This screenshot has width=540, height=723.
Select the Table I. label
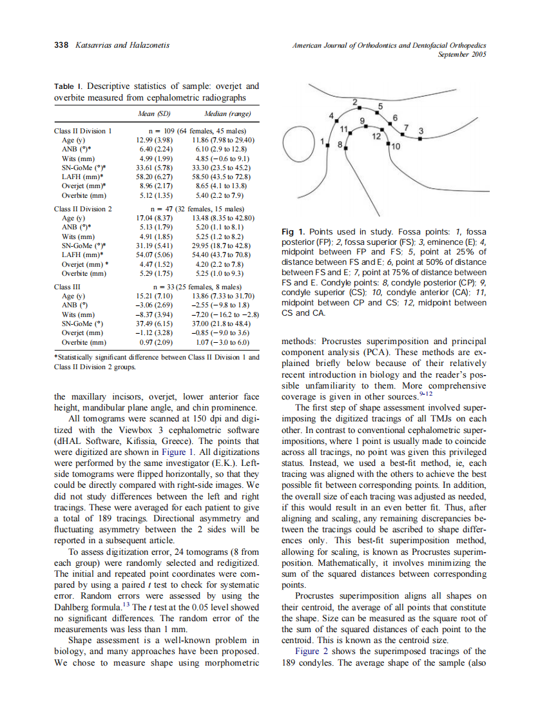[68, 86]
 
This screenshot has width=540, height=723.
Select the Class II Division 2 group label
[83, 209]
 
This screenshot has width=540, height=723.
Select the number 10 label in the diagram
[396, 147]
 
